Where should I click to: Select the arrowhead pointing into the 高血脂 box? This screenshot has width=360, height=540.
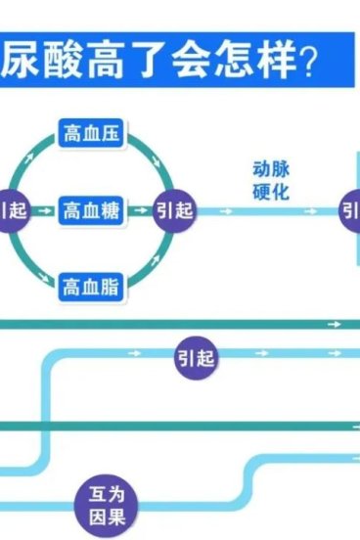[50, 282]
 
